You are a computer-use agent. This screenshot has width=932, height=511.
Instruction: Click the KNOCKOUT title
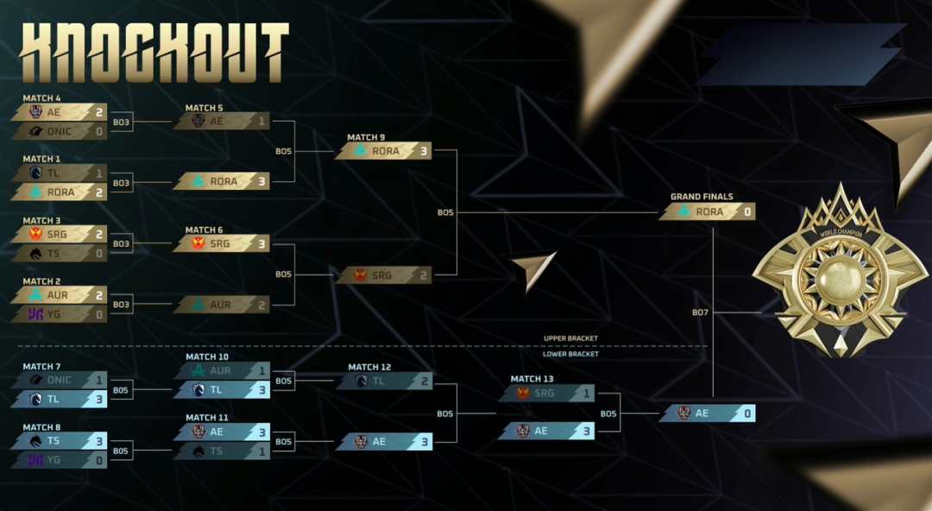[x=154, y=53]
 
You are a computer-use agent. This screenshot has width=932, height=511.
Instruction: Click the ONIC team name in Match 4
[x=60, y=131]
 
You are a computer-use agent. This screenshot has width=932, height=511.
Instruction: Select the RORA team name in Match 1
[x=61, y=192]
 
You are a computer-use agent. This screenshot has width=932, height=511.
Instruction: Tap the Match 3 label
[x=41, y=221]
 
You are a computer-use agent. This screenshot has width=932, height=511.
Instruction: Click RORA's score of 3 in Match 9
[x=423, y=150]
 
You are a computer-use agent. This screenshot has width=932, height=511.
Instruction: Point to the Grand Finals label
[x=702, y=197]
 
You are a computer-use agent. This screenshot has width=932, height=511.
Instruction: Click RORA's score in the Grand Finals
[x=746, y=211]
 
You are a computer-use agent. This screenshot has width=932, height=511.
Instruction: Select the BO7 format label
[x=701, y=312]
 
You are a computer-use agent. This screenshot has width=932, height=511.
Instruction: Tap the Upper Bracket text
[x=570, y=338]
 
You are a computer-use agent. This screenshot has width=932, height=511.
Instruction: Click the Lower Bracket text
[x=570, y=354]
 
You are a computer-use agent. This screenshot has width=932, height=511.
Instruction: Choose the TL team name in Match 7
[x=54, y=399]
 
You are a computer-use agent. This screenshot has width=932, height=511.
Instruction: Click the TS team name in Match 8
[x=54, y=440]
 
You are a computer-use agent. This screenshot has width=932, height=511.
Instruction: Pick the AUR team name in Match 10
[x=220, y=370]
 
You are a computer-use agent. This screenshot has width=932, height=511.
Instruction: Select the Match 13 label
[x=532, y=379]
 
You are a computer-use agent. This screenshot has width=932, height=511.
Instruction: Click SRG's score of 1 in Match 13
[x=586, y=394]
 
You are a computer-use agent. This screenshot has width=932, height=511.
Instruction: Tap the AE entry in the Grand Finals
[x=702, y=413]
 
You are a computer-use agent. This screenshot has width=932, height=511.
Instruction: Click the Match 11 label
[x=207, y=418]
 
